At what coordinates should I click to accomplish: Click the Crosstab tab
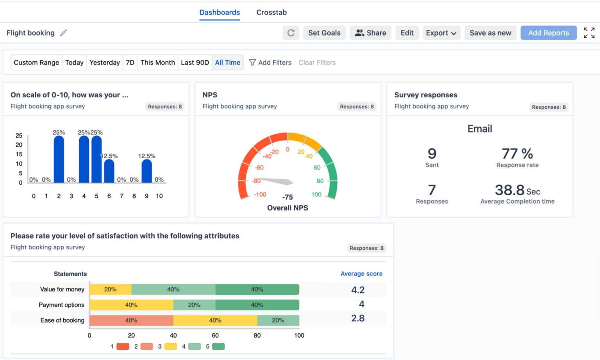coord(271,13)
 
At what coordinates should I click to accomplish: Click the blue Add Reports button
coord(548,33)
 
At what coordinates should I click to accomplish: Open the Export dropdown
coord(441,33)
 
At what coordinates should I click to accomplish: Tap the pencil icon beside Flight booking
coord(63,33)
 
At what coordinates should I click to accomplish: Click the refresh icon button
coord(291,33)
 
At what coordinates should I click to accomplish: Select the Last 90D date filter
coord(195,63)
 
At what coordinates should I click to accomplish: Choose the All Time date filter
coord(227,63)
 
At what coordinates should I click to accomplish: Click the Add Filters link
coord(270,63)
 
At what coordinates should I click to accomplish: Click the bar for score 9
coord(146,171)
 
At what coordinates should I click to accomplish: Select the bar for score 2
coord(59,159)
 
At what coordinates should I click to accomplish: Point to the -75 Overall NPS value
coord(287,197)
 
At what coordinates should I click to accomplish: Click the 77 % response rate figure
coord(517,154)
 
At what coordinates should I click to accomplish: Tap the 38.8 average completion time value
coord(510,190)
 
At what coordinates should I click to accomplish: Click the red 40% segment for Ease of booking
coord(131,320)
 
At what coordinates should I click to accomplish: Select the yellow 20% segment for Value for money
coord(110,290)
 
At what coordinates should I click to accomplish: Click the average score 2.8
coord(358,318)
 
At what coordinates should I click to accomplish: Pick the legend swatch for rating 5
coord(218,346)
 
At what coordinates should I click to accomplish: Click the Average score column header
coord(361,274)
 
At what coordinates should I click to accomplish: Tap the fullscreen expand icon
coord(589,33)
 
